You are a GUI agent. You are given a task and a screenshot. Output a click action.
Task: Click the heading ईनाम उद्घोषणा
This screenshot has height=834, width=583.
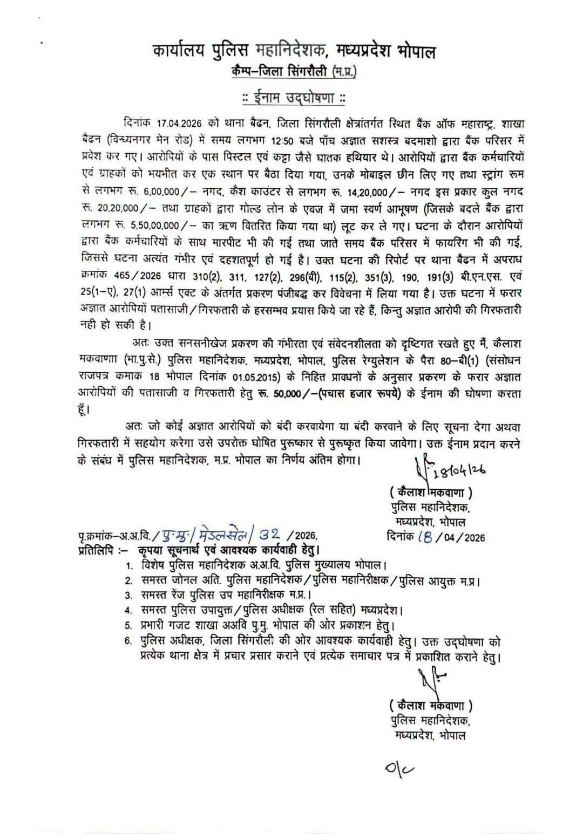pos(294,99)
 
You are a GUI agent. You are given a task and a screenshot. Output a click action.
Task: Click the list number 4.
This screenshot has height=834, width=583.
pos(128,611)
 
